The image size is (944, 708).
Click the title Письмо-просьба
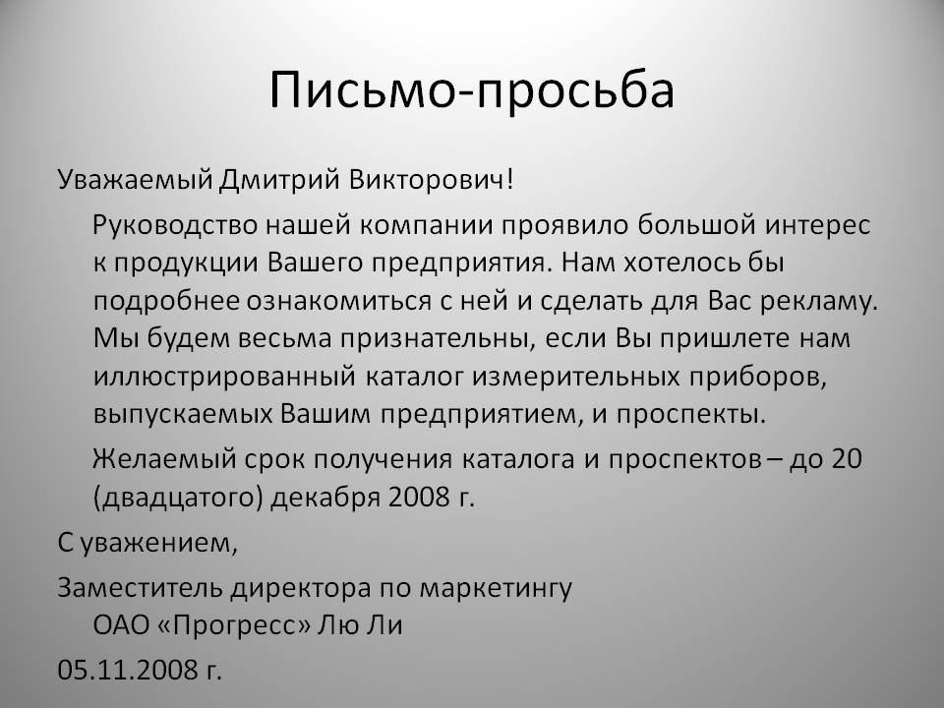coord(471,90)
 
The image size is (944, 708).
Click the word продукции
coord(187,264)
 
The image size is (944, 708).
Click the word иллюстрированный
coord(224,377)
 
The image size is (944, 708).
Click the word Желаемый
coord(164,459)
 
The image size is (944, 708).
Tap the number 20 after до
coord(846,459)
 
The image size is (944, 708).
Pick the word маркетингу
coord(496,588)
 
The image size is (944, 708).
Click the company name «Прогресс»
coord(234,625)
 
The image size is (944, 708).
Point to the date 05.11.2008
coord(127,670)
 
